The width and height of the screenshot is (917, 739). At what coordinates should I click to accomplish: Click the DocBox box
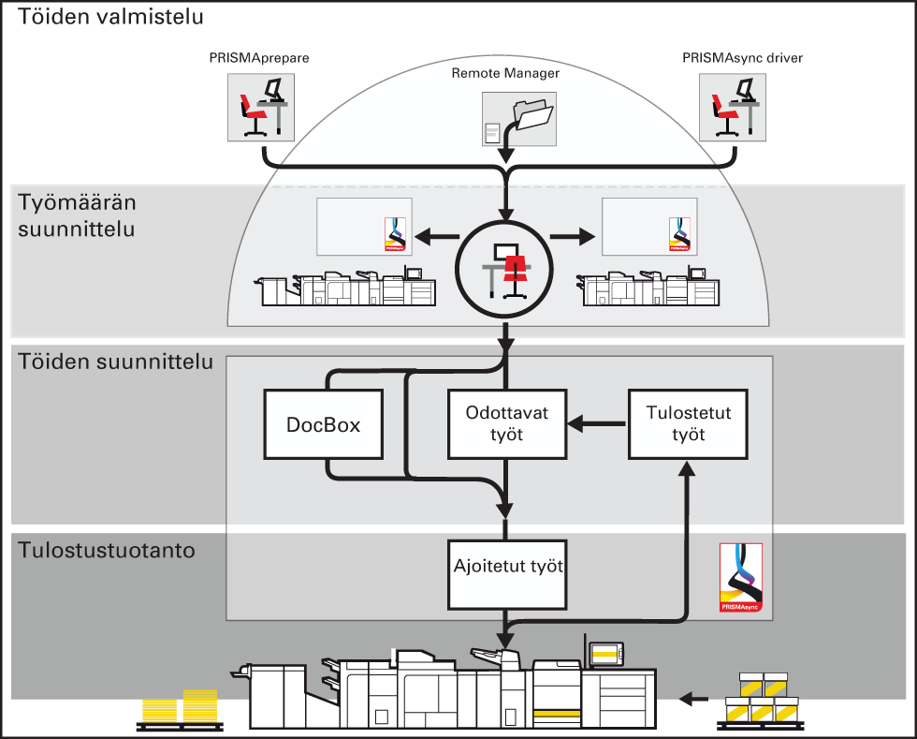point(324,424)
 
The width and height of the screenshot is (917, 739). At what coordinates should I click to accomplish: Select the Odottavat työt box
point(507,424)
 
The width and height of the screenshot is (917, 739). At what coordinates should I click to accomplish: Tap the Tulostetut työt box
point(689,424)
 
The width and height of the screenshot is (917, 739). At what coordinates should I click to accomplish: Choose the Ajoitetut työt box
point(507,575)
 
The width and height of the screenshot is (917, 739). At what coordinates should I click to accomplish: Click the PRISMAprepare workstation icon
point(261,107)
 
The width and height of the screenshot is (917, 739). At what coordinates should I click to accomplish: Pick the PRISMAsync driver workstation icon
point(733,107)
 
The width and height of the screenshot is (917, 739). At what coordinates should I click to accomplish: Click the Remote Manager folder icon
point(519,119)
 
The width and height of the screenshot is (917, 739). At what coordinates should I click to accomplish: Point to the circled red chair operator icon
point(504,270)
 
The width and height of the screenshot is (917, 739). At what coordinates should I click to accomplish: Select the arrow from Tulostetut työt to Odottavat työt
point(597,423)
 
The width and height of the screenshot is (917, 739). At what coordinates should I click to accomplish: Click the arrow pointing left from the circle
point(437,237)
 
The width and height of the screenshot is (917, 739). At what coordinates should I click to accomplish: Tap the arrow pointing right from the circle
point(573,237)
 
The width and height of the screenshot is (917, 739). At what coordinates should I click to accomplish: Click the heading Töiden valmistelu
point(110,17)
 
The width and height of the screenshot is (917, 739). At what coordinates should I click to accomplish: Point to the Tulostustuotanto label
point(107,551)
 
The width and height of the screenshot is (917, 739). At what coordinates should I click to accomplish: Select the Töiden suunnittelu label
point(115,362)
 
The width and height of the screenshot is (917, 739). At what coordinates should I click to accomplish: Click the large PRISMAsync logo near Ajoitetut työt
point(741,578)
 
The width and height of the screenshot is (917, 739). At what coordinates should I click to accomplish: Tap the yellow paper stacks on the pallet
point(180,707)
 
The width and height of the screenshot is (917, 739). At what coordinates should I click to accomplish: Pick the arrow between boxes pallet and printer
point(693,699)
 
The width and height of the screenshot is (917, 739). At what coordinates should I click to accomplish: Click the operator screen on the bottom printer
point(606,654)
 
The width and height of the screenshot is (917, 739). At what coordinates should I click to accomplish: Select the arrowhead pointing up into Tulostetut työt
point(689,469)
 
